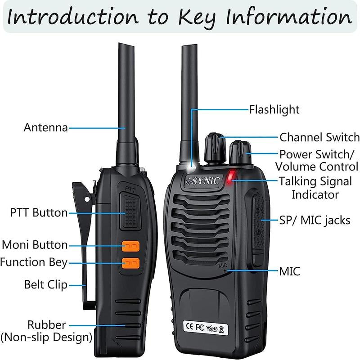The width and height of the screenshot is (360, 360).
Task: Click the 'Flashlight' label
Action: [274, 109]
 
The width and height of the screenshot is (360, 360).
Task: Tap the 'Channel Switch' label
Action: [319, 137]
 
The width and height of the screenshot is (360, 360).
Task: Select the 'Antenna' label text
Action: [46, 127]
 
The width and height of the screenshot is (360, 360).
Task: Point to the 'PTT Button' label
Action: [39, 212]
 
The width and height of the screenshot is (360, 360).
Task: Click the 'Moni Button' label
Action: [35, 245]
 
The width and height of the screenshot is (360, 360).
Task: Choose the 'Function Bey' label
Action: [33, 262]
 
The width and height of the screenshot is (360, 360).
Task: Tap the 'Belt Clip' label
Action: [46, 285]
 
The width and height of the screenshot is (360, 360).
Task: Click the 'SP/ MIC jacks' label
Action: [315, 220]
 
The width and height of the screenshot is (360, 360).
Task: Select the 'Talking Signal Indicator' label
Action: [315, 188]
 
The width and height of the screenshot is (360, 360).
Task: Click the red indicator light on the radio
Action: [231, 176]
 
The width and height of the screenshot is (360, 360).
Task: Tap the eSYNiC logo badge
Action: [203, 181]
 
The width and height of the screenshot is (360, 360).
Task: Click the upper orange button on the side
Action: [130, 246]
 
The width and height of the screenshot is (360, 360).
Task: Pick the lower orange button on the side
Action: [130, 263]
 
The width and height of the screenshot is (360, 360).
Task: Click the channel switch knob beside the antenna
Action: [215, 148]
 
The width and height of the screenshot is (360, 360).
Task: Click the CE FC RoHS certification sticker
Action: [206, 328]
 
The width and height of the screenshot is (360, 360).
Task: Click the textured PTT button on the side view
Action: [130, 211]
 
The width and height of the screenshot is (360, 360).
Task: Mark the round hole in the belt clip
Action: [87, 199]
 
